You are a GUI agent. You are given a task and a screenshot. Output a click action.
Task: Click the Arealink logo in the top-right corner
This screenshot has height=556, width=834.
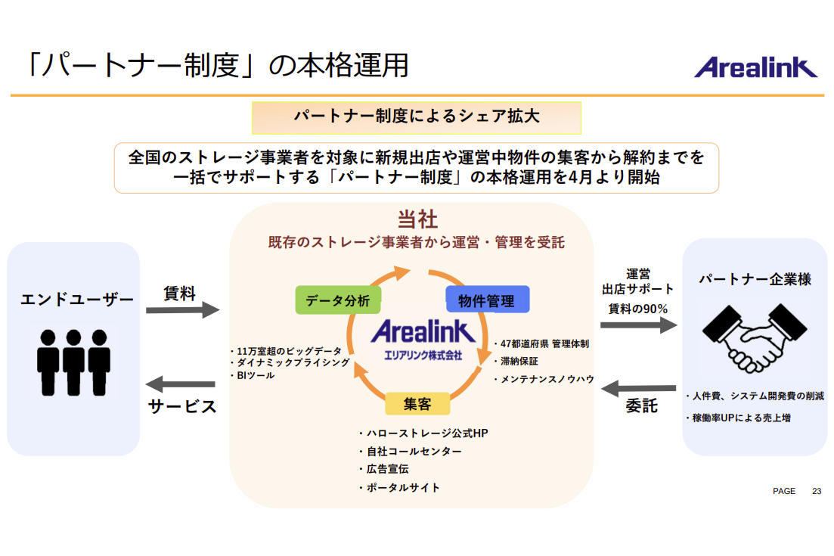point(755,67)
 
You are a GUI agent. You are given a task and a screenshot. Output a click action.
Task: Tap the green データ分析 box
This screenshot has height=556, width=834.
point(338,300)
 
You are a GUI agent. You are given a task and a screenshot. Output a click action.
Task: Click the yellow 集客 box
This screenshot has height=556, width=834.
point(417,404)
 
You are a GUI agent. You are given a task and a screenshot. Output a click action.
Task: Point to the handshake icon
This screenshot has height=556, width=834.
point(754,337)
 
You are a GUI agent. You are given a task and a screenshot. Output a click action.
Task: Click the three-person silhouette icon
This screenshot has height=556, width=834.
point(73,361)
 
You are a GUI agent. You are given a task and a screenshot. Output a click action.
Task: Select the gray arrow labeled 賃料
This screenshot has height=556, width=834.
point(181,310)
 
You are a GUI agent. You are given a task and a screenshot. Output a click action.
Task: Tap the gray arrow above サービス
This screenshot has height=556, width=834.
point(181,384)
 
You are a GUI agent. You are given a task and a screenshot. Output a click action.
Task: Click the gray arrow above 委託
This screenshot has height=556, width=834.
point(639,388)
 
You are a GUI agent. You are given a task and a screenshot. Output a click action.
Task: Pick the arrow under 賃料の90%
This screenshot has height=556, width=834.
point(639,325)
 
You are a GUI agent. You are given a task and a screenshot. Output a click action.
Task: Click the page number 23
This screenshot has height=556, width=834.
point(817,491)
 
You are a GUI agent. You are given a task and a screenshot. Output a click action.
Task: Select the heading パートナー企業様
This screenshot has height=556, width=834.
point(754,279)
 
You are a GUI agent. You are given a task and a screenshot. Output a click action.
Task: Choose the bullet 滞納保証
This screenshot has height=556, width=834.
point(519,361)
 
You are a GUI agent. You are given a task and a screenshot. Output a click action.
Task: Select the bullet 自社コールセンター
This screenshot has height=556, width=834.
point(413,452)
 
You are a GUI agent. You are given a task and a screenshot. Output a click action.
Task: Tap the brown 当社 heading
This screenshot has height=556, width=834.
point(417,220)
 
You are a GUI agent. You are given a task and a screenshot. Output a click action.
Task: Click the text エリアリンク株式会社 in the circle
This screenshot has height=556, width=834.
point(423,353)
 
